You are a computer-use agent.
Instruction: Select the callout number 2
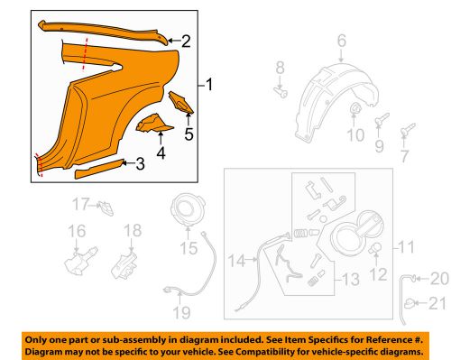(186, 41)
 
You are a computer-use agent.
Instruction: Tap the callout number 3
(139, 163)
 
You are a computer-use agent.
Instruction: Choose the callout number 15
(189, 247)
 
